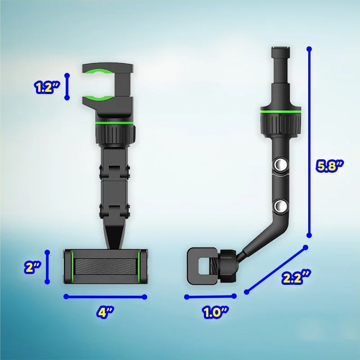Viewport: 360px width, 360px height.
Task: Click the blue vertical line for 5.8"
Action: (309, 142)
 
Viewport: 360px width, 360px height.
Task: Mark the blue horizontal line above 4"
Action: (105, 297)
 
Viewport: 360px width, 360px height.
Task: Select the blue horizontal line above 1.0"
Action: (210, 296)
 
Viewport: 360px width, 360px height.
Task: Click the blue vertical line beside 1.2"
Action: (67, 87)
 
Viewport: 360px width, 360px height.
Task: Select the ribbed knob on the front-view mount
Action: (115, 133)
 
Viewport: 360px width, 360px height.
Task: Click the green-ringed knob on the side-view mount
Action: (279, 120)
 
